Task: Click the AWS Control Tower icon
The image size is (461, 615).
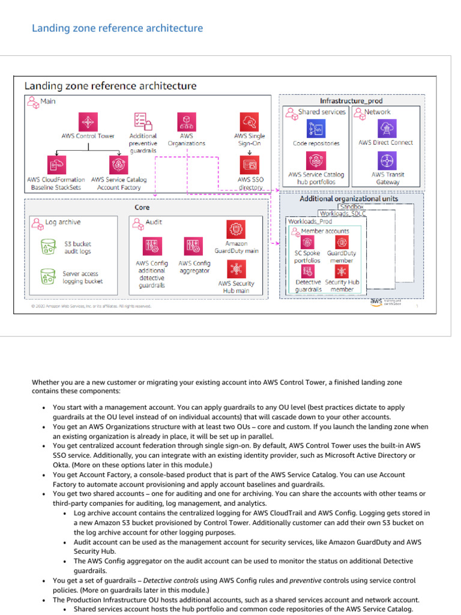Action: [88, 121]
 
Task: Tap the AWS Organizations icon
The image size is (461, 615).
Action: [186, 121]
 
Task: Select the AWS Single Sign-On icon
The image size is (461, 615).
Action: [249, 121]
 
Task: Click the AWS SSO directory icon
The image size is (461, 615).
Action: [249, 163]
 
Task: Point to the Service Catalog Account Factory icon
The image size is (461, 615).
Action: [118, 163]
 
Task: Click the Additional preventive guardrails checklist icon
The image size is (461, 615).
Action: [143, 121]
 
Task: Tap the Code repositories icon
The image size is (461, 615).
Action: [316, 128]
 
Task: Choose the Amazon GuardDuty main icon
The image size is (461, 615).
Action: [236, 229]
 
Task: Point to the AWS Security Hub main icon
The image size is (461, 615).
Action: [236, 268]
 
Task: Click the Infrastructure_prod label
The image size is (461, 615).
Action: [351, 100]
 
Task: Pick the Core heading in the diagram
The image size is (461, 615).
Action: [142, 207]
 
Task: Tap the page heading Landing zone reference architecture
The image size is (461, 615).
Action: [117, 28]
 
